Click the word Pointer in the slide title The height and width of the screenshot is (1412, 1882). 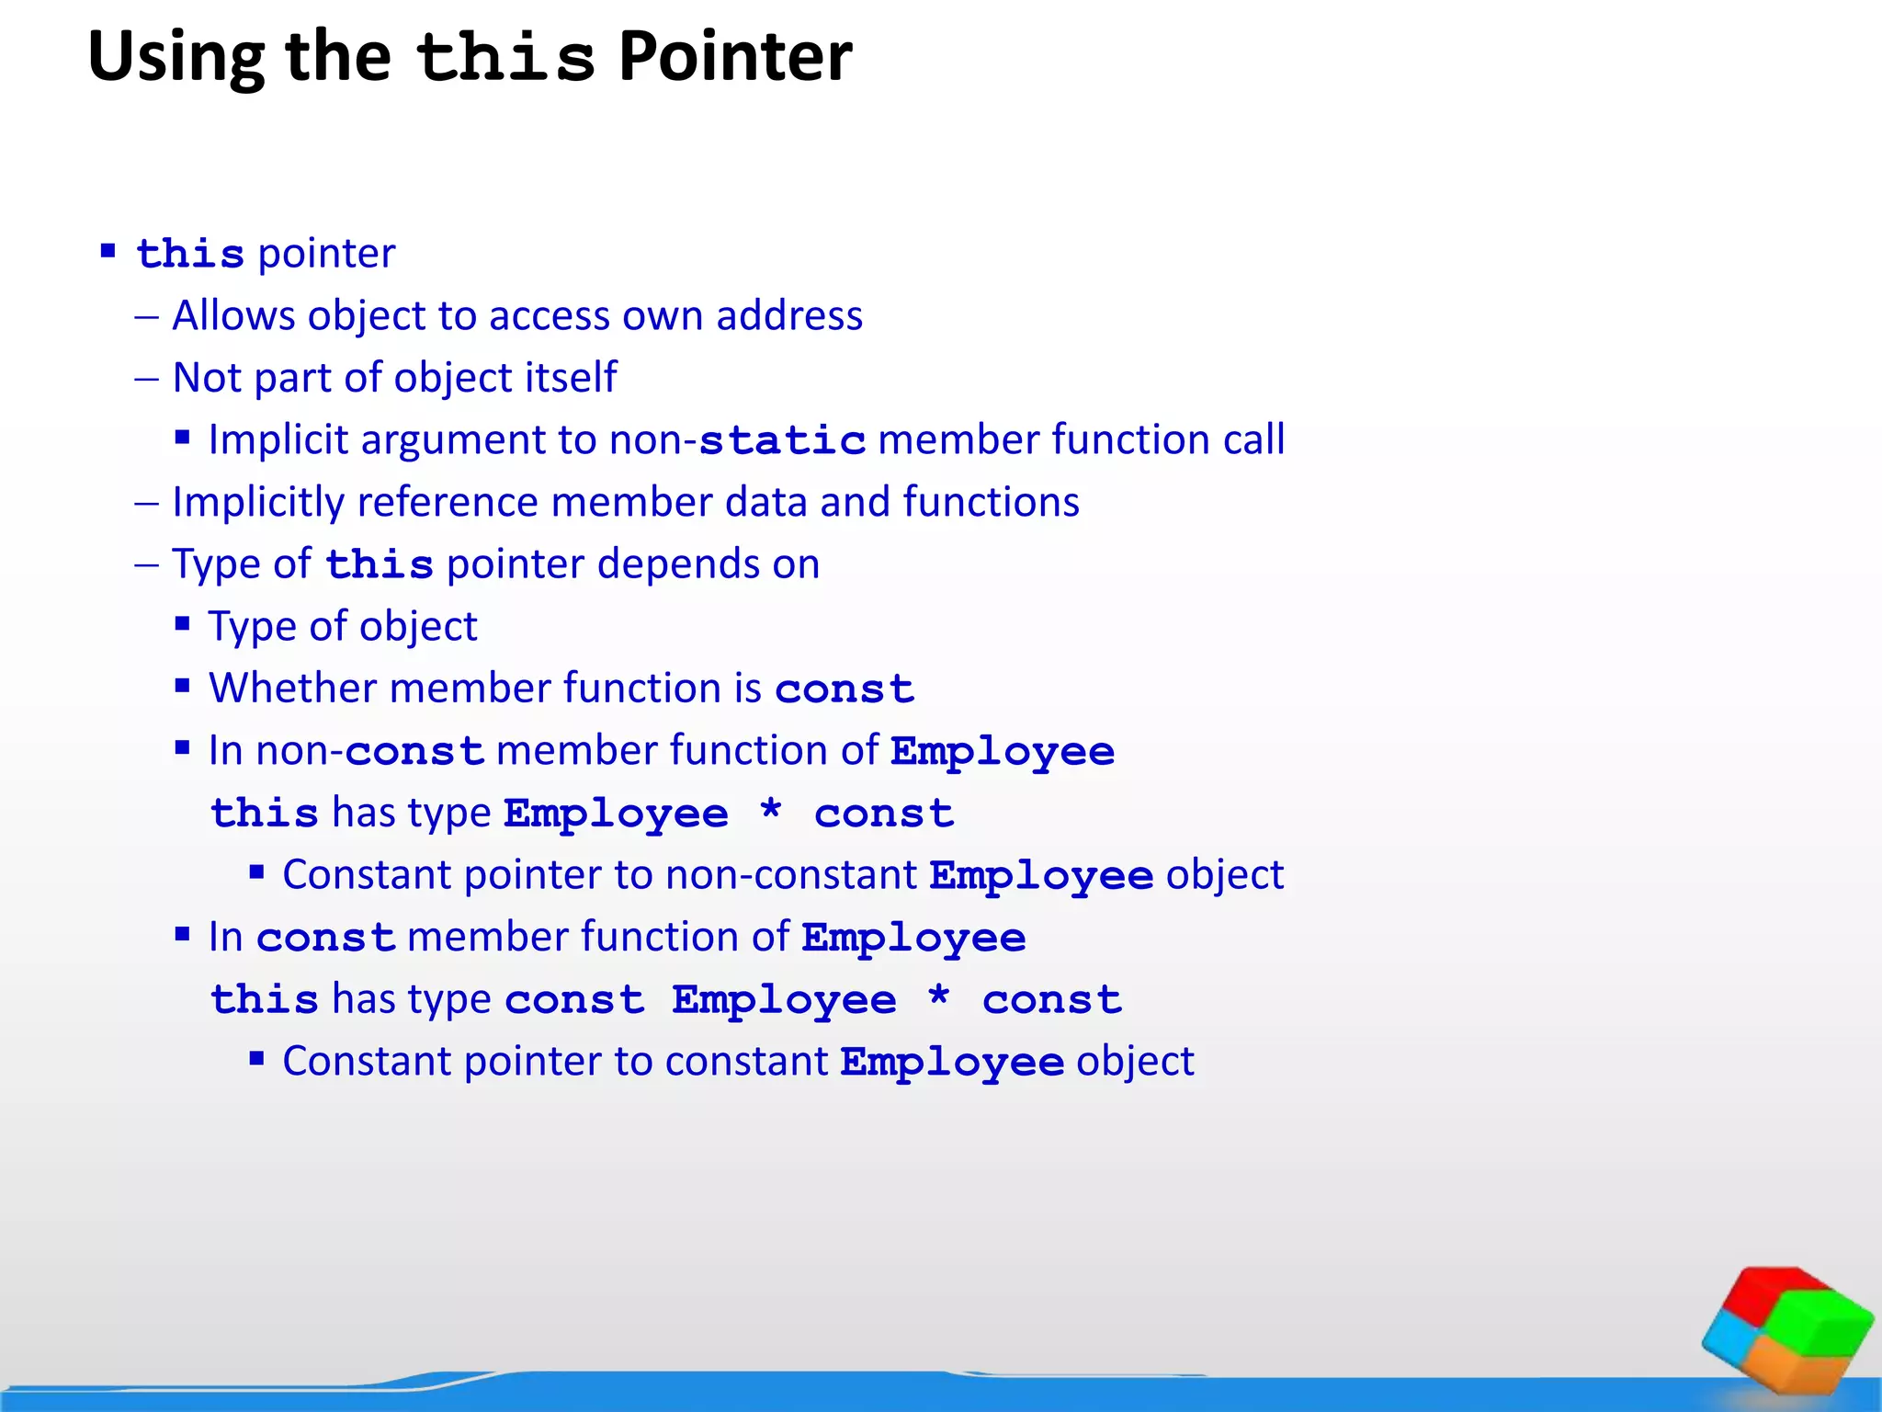point(735,57)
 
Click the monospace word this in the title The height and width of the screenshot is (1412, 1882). point(505,57)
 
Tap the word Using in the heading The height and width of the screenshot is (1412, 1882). point(176,57)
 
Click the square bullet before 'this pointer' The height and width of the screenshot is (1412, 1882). point(108,250)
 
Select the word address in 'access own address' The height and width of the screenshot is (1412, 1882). point(789,315)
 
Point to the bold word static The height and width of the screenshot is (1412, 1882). point(782,440)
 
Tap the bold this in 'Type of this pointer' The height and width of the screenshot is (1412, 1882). point(379,564)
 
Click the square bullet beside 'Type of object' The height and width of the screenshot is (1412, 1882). point(183,624)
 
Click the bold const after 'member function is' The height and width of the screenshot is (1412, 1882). point(845,689)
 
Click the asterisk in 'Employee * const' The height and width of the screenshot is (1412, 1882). point(771,811)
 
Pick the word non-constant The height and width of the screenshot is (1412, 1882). point(791,874)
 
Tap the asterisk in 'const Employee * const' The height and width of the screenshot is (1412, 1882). point(938,997)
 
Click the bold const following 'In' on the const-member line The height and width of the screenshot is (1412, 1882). point(325,938)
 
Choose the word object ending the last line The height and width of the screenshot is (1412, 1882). point(1135,1061)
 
